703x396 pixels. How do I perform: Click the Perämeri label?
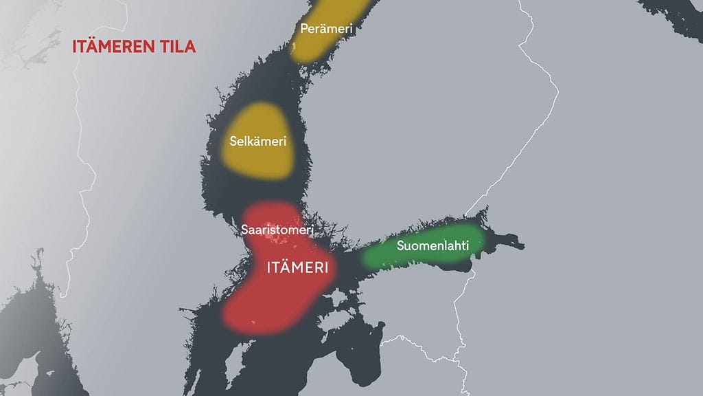pyautogui.click(x=326, y=29)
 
